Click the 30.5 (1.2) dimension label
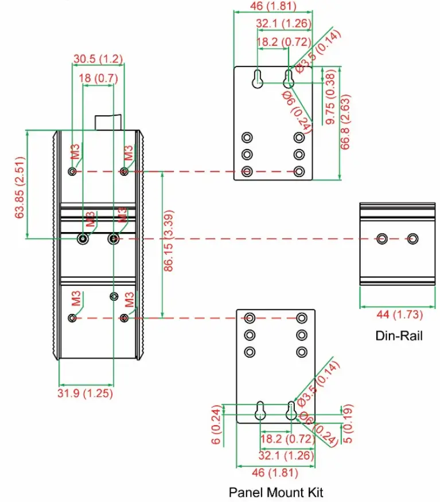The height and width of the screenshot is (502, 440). tap(98, 58)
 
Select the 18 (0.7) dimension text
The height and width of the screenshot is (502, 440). tap(98, 78)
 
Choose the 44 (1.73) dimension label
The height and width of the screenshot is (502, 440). tap(399, 314)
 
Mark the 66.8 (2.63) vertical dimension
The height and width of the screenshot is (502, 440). tap(345, 122)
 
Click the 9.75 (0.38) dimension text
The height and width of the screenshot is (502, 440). tap(330, 98)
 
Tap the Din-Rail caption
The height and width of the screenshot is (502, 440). tap(399, 336)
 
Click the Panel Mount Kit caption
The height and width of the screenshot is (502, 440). tap(276, 492)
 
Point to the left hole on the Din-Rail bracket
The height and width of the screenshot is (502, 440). tap(382, 238)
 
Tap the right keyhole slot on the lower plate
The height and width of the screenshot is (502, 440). tap(291, 410)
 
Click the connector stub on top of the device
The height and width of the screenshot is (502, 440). tap(109, 122)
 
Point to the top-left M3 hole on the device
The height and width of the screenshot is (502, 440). tap(72, 171)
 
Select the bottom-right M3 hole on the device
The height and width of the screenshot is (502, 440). tap(125, 318)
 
